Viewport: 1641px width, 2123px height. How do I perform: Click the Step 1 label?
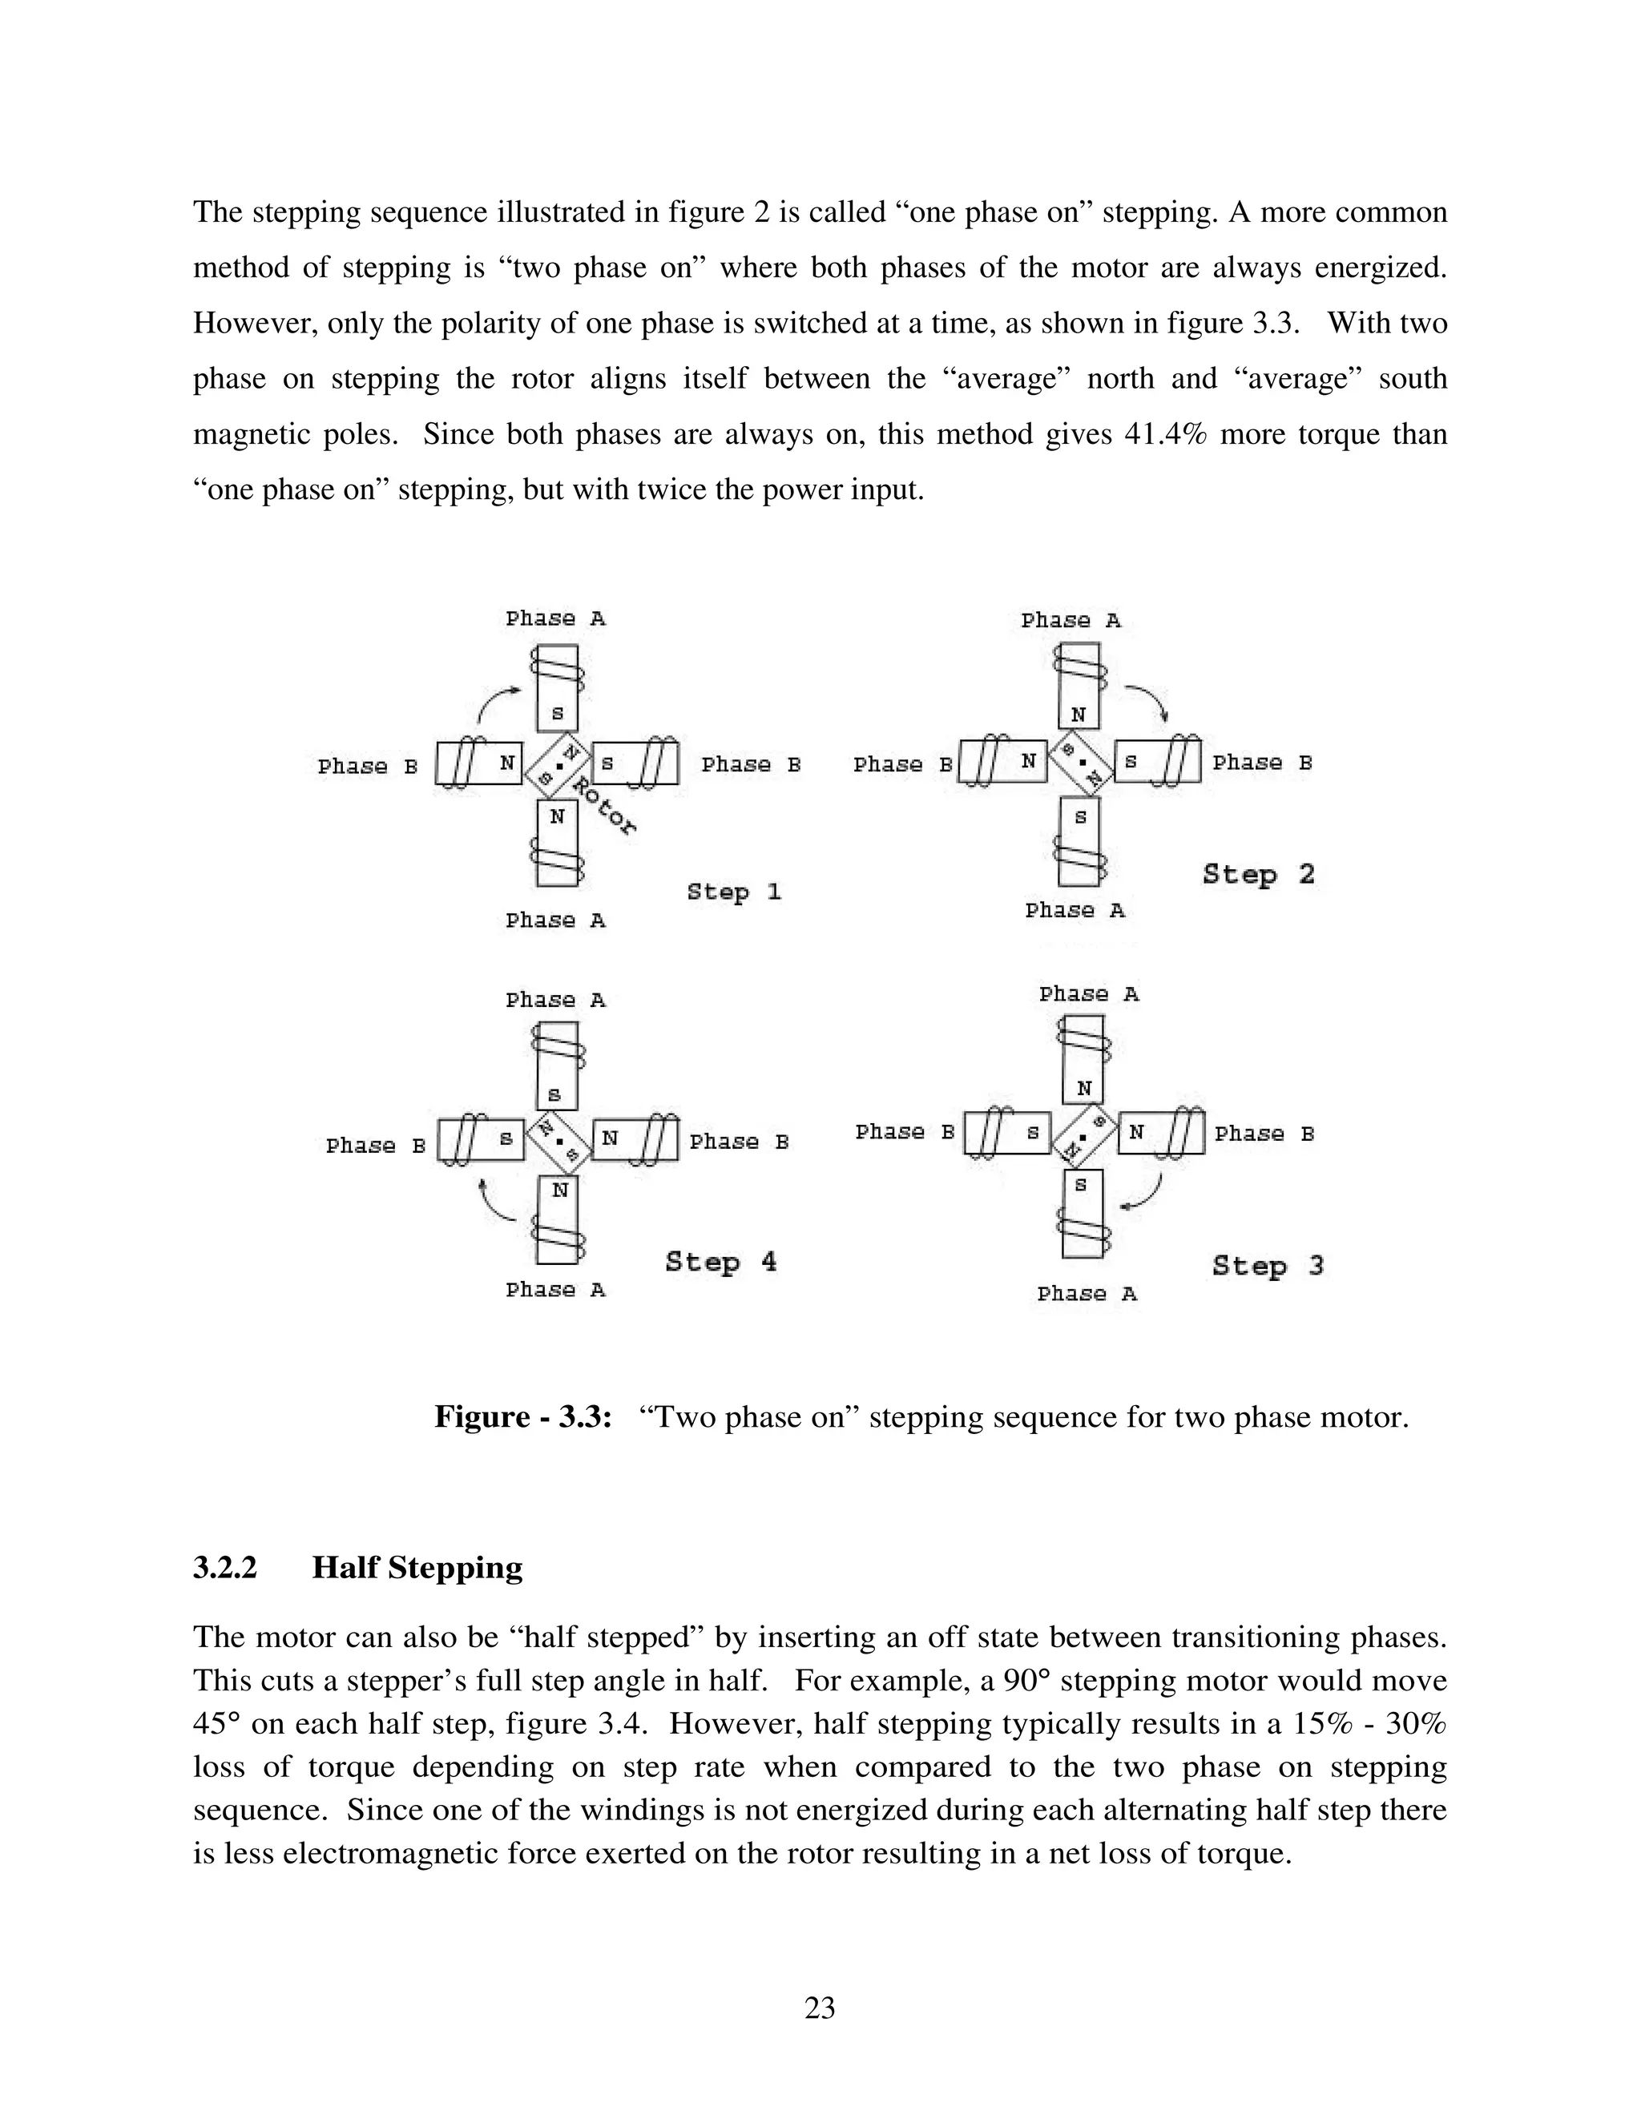[734, 892]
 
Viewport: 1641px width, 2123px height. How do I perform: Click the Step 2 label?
[1258, 874]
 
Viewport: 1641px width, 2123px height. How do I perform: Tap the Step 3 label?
[1268, 1266]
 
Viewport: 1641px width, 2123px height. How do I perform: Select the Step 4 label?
[721, 1262]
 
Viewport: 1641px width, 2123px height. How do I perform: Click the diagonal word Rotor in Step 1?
[603, 806]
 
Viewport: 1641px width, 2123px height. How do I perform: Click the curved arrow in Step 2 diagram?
[1148, 702]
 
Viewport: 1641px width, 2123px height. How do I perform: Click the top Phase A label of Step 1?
[555, 618]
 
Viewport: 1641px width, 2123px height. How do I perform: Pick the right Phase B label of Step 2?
[1262, 763]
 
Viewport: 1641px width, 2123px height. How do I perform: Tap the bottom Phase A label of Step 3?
[1086, 1294]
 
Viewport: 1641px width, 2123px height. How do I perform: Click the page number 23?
[820, 2008]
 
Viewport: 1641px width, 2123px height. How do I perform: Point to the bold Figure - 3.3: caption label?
[522, 1416]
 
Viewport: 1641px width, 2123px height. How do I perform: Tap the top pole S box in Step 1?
[557, 712]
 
